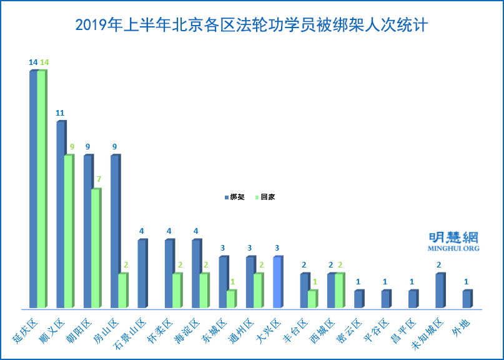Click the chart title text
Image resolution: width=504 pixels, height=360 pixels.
pyautogui.click(x=251, y=25)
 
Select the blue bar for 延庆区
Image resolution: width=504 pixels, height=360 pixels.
pyautogui.click(x=33, y=189)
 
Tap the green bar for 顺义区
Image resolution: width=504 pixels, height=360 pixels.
pyautogui.click(x=68, y=231)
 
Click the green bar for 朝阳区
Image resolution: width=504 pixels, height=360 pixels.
pyautogui.click(x=95, y=248)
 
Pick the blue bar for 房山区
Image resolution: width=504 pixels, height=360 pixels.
pyautogui.click(x=114, y=231)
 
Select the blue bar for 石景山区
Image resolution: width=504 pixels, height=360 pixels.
pyautogui.click(x=141, y=273)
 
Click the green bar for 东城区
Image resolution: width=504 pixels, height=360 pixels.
pyautogui.click(x=230, y=299)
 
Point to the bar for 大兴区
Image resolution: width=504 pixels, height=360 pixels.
pyautogui.click(x=277, y=282)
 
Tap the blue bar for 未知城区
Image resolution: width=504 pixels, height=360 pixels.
pyautogui.click(x=439, y=291)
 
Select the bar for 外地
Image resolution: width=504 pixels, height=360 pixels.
pyautogui.click(x=466, y=299)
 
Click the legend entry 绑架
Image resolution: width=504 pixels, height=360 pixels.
pyautogui.click(x=235, y=197)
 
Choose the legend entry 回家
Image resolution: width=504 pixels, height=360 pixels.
pyautogui.click(x=267, y=197)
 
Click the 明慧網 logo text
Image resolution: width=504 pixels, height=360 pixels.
pyautogui.click(x=454, y=237)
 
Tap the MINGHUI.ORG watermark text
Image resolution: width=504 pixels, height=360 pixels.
pyautogui.click(x=454, y=248)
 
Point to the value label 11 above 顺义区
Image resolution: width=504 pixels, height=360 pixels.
pyautogui.click(x=60, y=113)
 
